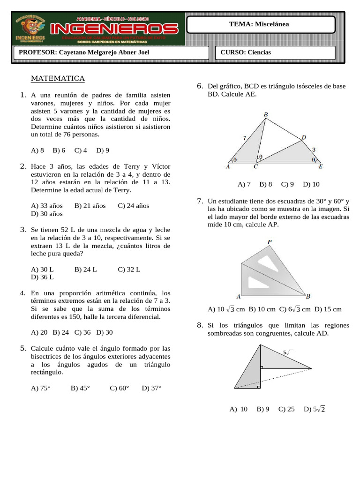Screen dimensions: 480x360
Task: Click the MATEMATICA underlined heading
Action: coord(58,78)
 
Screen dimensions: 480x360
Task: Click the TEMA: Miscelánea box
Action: coord(262,24)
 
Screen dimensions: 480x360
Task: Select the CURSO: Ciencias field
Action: coord(276,52)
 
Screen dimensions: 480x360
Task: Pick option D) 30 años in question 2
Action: coord(46,213)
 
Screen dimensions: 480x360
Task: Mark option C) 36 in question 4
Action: coord(82,332)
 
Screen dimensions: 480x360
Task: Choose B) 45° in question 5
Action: coord(80,388)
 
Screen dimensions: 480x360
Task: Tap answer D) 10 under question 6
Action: coord(311,184)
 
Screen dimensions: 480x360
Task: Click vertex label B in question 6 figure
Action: coord(265,115)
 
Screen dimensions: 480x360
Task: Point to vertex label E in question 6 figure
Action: coord(321,166)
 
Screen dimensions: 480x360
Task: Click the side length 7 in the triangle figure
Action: coord(244,138)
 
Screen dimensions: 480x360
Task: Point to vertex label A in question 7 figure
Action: coord(239,296)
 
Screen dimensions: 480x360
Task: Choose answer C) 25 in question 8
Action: coord(286,409)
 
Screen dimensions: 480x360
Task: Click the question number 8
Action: coord(199,325)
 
